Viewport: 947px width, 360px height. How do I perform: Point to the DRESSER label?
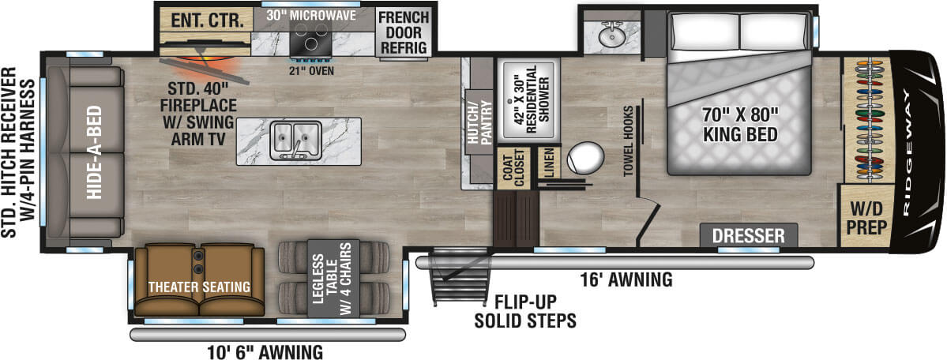(x=748, y=235)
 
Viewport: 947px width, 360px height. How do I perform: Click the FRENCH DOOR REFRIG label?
(x=403, y=32)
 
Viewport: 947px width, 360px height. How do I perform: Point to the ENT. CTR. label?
(x=204, y=21)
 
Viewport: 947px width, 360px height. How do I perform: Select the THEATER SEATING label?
(x=199, y=287)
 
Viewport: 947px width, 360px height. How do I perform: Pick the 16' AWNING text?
(x=626, y=279)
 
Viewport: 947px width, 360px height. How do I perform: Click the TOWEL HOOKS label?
(x=628, y=141)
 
